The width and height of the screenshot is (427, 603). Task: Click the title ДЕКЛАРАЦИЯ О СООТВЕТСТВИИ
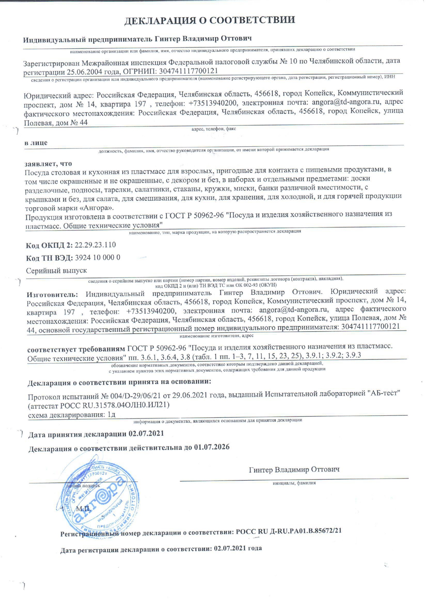click(209, 20)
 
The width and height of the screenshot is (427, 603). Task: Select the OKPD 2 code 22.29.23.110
click(95, 245)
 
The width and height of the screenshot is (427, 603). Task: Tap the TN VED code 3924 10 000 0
click(98, 258)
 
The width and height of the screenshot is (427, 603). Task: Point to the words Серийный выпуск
click(57, 271)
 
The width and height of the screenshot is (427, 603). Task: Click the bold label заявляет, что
click(48, 164)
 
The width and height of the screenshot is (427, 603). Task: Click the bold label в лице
click(36, 143)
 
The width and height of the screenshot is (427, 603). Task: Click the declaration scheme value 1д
click(111, 414)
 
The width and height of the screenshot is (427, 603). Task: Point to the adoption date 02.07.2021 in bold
click(146, 434)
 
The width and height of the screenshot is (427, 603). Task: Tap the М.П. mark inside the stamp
click(83, 508)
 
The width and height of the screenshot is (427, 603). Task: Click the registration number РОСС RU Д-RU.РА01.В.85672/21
click(288, 531)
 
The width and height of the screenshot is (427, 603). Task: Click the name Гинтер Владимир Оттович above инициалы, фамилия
click(294, 469)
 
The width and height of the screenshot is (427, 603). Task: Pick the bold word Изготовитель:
click(53, 294)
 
